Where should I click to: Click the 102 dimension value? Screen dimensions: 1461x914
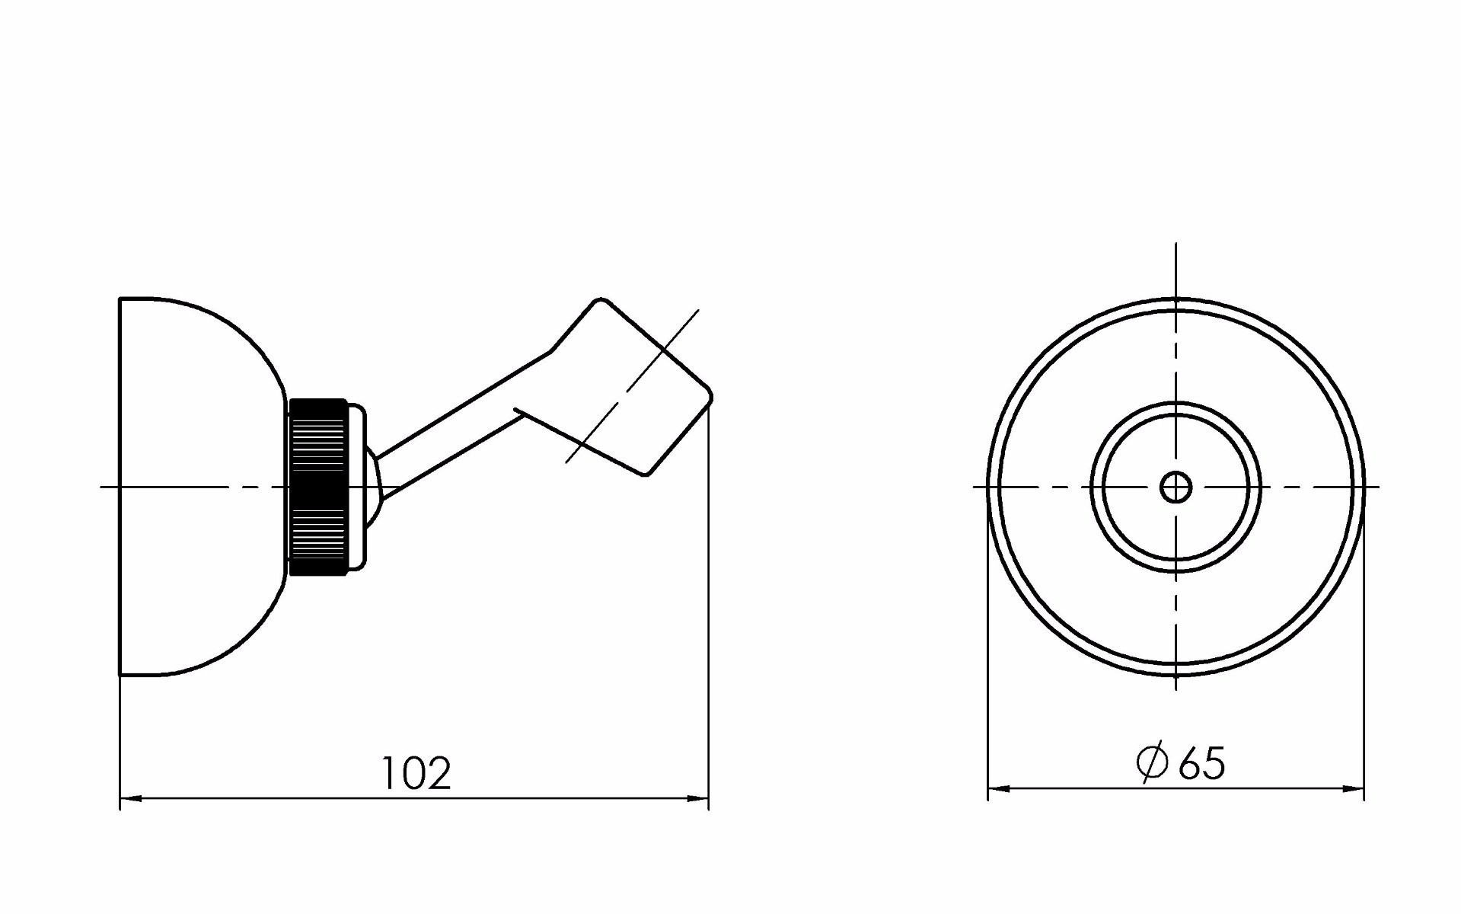[x=416, y=773]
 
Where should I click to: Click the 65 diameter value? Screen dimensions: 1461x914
[x=1202, y=763]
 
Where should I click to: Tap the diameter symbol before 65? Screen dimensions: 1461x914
[x=1152, y=762]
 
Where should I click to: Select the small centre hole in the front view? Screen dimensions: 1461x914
[x=1175, y=487]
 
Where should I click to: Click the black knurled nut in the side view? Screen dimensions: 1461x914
[x=318, y=487]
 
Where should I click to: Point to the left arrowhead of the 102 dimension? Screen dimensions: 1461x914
[x=131, y=798]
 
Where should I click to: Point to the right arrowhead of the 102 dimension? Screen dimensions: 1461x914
[x=698, y=798]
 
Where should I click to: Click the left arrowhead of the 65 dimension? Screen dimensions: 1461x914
[x=999, y=788]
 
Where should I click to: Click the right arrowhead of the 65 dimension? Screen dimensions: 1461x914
[x=1353, y=788]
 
